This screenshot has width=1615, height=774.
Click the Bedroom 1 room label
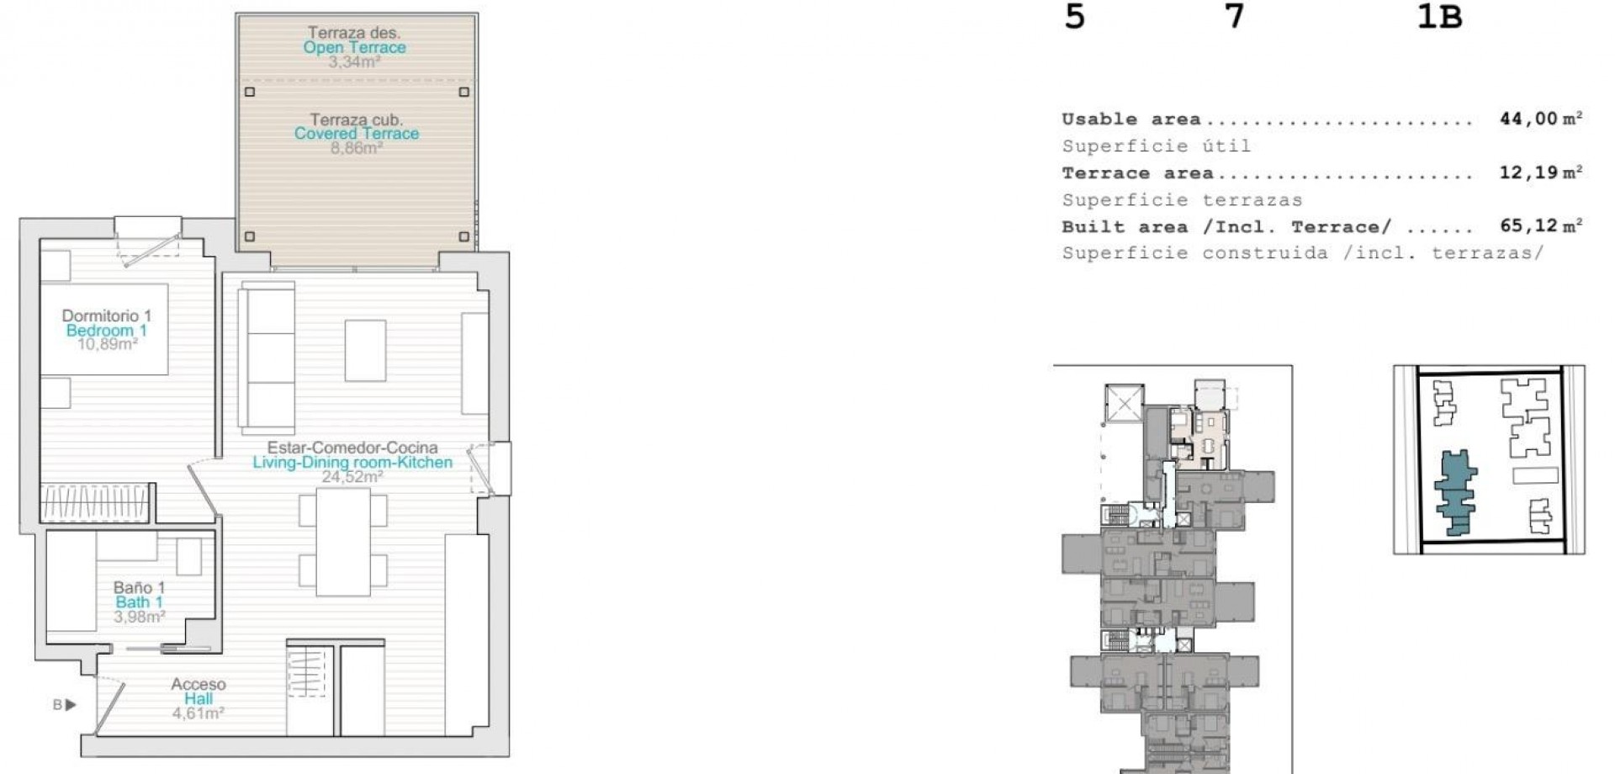106,331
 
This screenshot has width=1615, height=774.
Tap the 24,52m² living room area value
352,477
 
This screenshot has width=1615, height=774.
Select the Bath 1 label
139,602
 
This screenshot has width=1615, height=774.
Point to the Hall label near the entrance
199,699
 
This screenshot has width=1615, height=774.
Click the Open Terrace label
354,48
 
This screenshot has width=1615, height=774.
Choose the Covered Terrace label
356,134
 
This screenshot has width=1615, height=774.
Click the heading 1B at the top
1439,18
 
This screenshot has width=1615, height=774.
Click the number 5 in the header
1074,18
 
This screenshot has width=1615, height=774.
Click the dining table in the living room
343,542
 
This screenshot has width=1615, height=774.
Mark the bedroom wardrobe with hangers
97,503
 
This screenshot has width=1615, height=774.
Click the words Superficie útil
1156,146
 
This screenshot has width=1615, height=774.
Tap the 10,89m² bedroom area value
107,344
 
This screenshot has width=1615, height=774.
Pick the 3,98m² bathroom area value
139,618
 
